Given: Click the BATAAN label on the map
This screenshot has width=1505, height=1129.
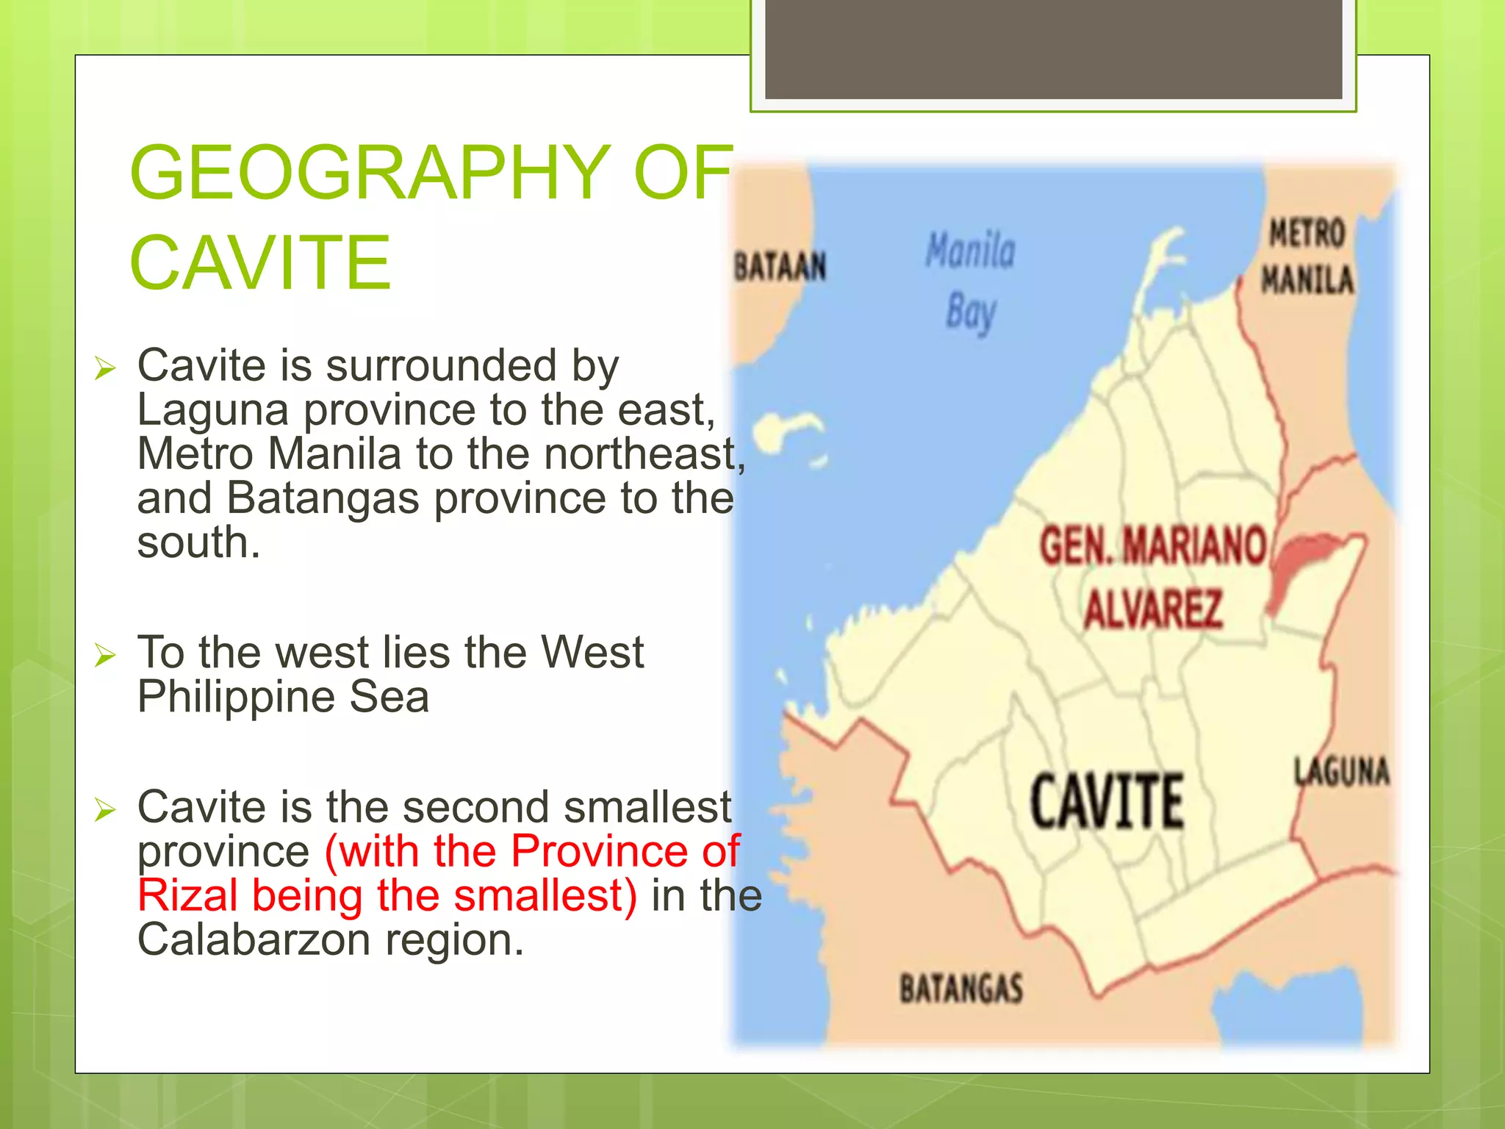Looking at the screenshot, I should click(x=780, y=266).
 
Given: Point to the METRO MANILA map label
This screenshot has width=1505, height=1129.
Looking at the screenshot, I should click(x=1307, y=257).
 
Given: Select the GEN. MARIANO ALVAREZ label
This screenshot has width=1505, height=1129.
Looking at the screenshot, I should click(x=1153, y=577).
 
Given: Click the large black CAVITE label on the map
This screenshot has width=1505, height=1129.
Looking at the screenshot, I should click(x=1107, y=802).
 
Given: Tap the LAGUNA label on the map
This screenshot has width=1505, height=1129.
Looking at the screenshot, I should click(x=1342, y=772).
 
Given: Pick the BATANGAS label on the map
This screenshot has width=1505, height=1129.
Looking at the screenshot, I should click(x=961, y=988).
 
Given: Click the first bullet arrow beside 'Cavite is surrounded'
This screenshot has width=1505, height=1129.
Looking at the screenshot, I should click(x=106, y=368).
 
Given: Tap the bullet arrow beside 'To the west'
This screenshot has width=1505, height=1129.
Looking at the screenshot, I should click(x=106, y=654).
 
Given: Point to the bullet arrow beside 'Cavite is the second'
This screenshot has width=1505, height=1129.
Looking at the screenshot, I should click(x=106, y=809).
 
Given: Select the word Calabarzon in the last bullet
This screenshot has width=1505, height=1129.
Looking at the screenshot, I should click(x=254, y=940).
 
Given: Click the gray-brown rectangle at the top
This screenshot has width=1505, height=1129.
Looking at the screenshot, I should click(x=1053, y=49).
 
